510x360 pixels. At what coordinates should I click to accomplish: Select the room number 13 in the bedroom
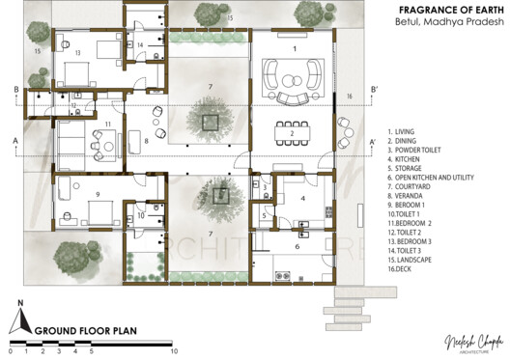[x=77, y=52]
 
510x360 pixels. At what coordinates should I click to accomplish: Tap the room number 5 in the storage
[x=266, y=216]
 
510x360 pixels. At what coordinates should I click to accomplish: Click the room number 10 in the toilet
[x=141, y=216]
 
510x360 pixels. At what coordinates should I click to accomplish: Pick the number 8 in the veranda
[x=147, y=141]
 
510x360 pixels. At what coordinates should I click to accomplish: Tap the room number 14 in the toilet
[x=141, y=45]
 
